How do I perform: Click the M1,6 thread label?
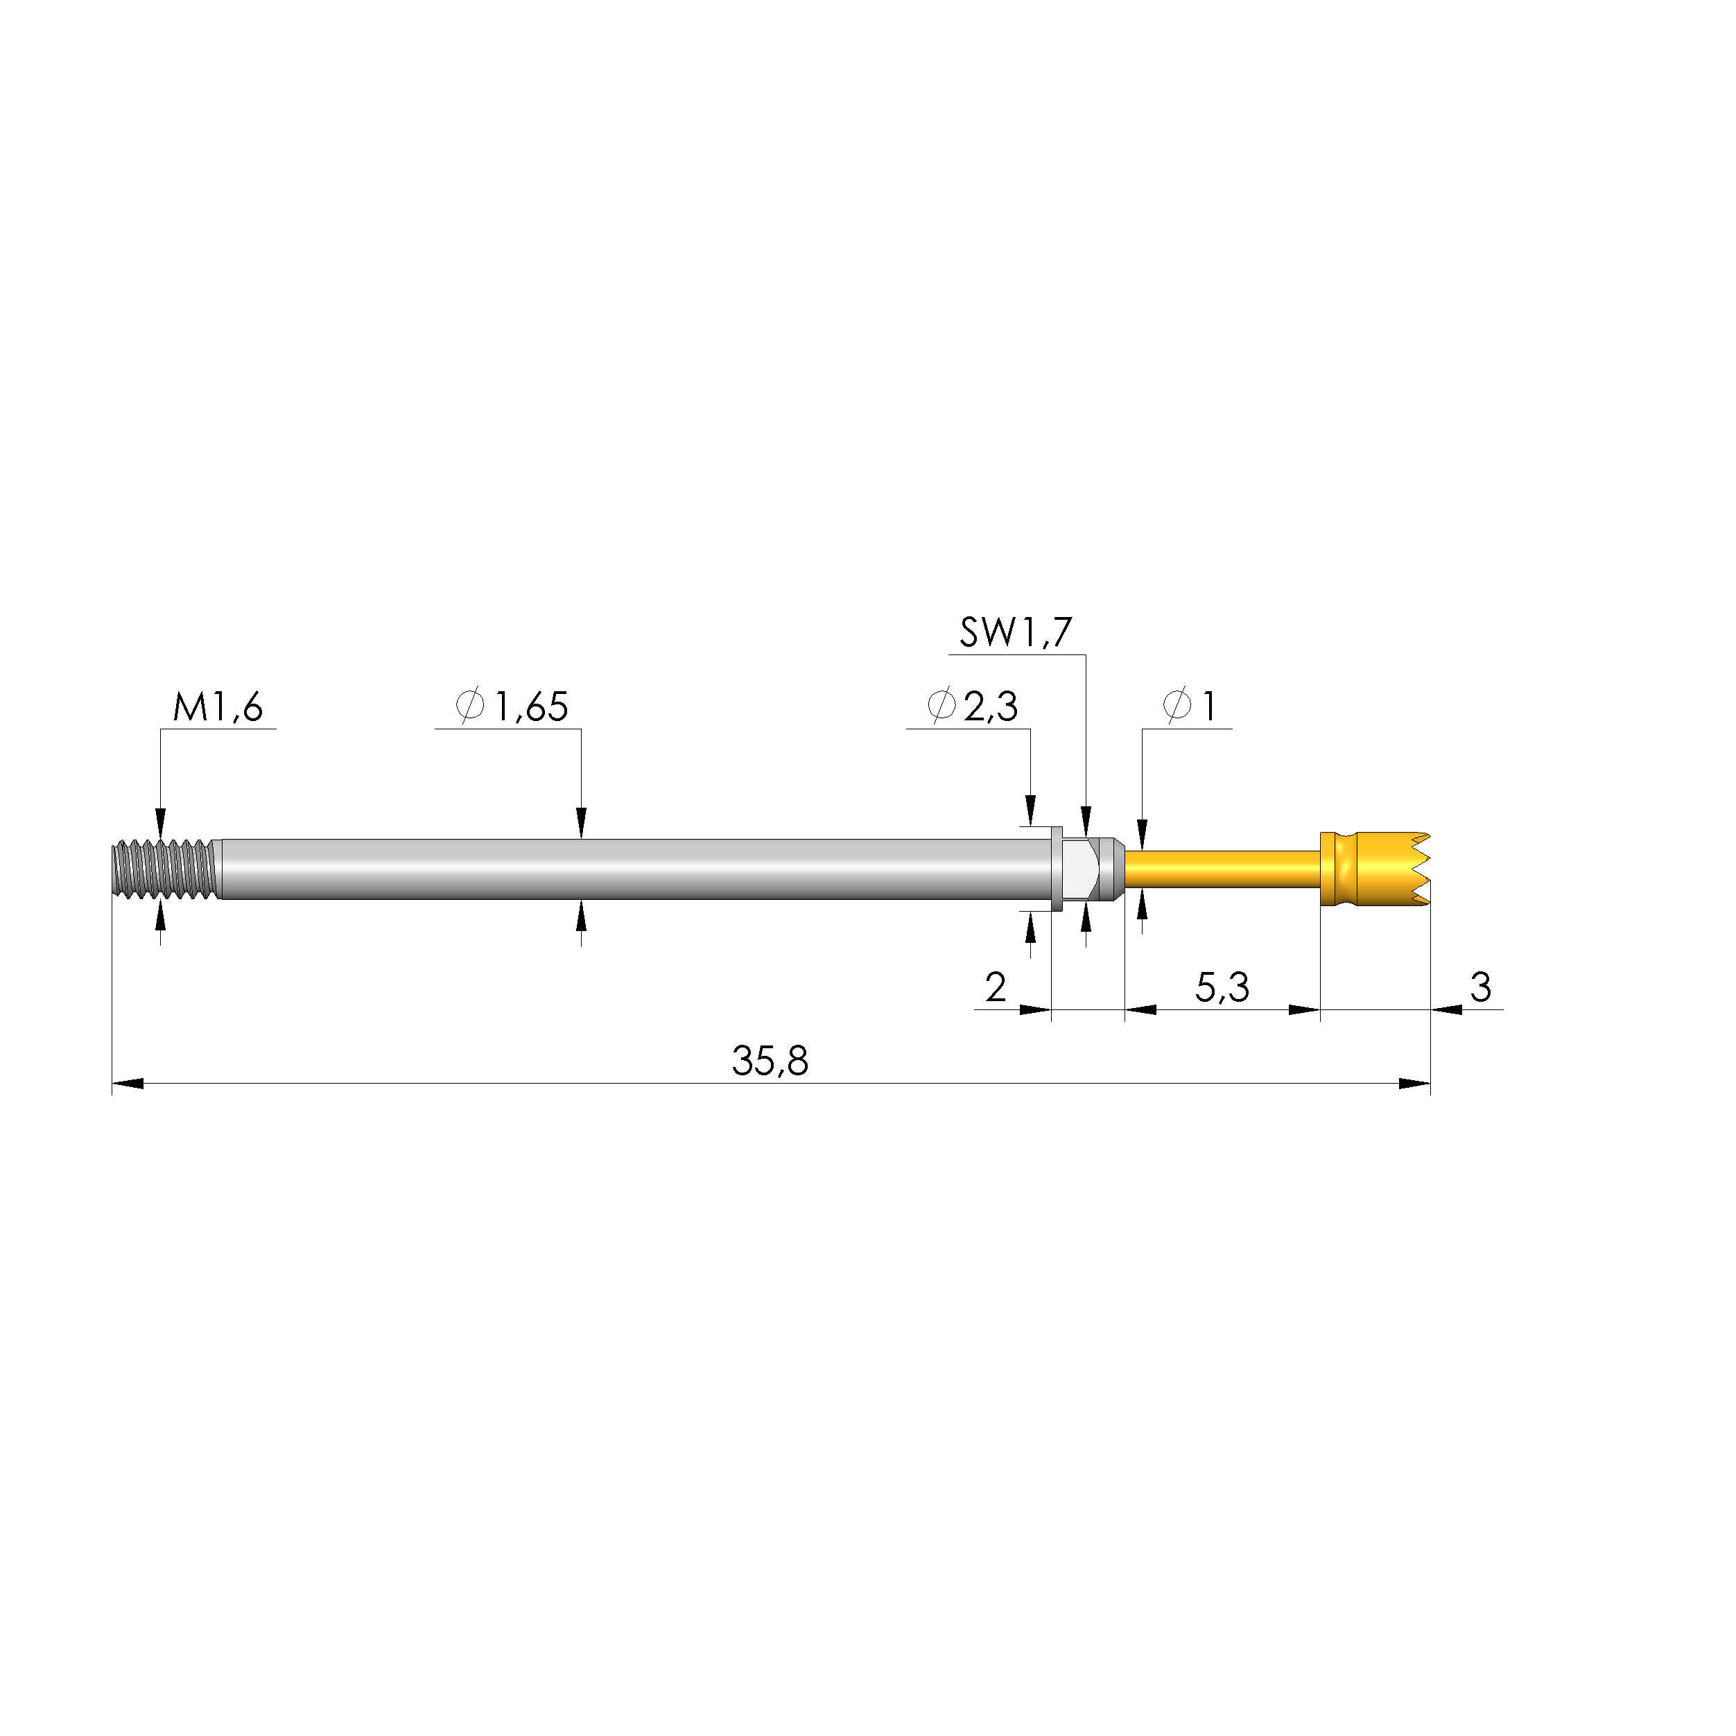(x=218, y=708)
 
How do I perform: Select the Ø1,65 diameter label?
(x=513, y=707)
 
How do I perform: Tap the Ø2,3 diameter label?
(x=973, y=707)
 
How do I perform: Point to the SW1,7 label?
(x=1016, y=634)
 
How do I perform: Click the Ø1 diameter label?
(x=1190, y=707)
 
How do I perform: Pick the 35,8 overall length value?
(x=770, y=1061)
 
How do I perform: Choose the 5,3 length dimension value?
(x=1222, y=987)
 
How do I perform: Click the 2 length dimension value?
(x=995, y=987)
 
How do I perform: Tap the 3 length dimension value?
(x=1480, y=987)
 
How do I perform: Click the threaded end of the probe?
(x=165, y=869)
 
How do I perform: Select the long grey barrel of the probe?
(x=629, y=869)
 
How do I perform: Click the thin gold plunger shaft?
(x=1222, y=869)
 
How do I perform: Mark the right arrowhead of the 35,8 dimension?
(x=1415, y=1084)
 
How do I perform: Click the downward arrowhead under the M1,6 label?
(x=161, y=823)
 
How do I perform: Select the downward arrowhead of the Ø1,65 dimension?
(x=582, y=823)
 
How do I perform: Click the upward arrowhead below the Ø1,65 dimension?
(x=582, y=914)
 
